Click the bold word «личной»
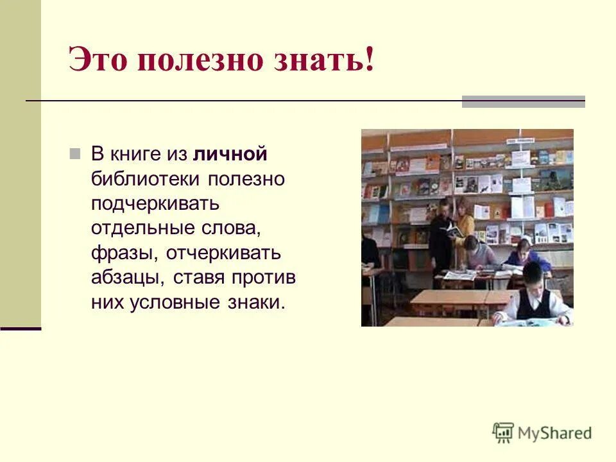point(230,155)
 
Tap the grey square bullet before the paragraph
point(74,154)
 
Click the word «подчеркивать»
point(155,204)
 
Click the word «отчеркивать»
point(223,253)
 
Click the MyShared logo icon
point(503,433)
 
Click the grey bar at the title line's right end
point(523,101)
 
